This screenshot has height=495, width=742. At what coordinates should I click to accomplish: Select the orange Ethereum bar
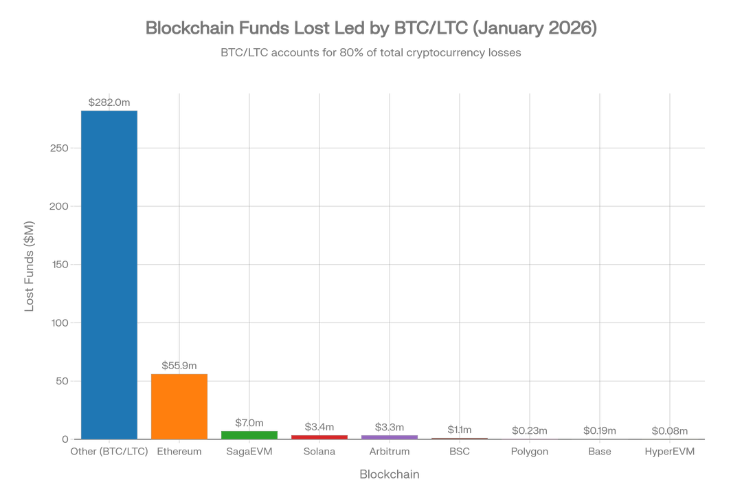[179, 406]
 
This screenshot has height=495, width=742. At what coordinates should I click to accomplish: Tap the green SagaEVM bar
[249, 434]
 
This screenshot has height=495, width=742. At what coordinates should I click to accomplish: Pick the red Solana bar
[319, 436]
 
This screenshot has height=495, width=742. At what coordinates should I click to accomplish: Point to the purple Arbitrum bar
[390, 437]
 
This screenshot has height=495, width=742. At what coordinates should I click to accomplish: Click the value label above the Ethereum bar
[179, 366]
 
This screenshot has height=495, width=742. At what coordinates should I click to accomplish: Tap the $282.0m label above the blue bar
[109, 102]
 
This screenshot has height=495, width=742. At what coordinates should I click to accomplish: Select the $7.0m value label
[249, 422]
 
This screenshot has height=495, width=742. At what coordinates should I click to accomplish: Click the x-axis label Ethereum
[179, 452]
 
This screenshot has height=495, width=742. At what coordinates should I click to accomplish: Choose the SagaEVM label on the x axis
[249, 452]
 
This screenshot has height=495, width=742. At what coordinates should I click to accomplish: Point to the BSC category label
[460, 452]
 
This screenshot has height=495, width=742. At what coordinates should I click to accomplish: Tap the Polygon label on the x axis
[530, 452]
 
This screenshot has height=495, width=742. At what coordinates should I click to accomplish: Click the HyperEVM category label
[670, 452]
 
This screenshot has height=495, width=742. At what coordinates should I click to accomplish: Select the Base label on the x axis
[600, 452]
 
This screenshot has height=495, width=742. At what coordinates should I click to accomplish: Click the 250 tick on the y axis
[63, 148]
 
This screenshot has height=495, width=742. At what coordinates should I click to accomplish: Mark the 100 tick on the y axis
[63, 322]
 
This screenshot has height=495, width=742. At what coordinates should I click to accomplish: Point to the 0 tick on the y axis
[67, 439]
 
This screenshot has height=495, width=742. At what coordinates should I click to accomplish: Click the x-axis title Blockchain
[390, 474]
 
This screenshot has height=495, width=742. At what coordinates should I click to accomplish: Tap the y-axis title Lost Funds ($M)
[30, 266]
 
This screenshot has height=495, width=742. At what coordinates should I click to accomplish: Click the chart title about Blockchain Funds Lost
[370, 28]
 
